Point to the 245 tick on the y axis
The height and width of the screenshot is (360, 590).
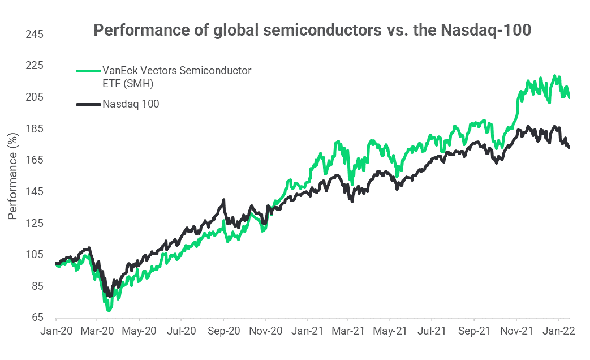35,35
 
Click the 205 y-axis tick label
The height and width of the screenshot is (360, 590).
35,97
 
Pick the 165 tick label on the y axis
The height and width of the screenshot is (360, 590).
35,160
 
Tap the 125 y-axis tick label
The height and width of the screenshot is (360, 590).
35,223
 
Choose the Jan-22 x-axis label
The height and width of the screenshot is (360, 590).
559,332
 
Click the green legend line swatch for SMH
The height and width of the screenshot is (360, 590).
88,71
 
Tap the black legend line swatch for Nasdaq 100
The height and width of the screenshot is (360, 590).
88,104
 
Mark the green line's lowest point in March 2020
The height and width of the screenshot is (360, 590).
109,310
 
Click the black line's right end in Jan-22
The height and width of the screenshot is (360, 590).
569,148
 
